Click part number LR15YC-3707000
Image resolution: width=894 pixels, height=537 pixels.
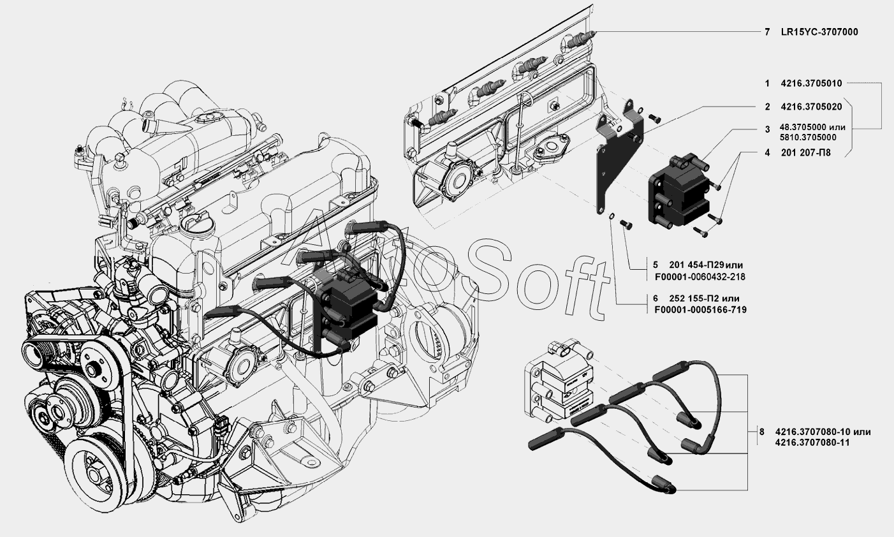(x=819, y=32)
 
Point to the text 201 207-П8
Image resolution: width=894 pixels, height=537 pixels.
(x=806, y=152)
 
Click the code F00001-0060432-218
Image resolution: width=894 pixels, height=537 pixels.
(x=700, y=277)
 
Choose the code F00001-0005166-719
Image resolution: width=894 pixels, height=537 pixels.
(x=700, y=310)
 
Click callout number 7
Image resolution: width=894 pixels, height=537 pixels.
(x=767, y=32)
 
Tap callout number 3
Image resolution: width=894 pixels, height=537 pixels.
(x=767, y=129)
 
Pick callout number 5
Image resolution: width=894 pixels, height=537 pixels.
(x=656, y=265)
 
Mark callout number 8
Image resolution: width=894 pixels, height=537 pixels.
(x=761, y=432)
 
